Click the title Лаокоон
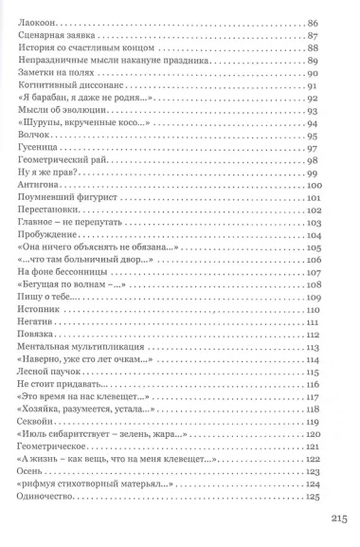tap(37, 19)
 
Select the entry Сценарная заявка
tap(57, 34)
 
